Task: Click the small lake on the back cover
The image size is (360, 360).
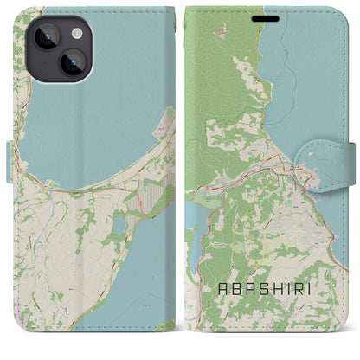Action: pos(119,226)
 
